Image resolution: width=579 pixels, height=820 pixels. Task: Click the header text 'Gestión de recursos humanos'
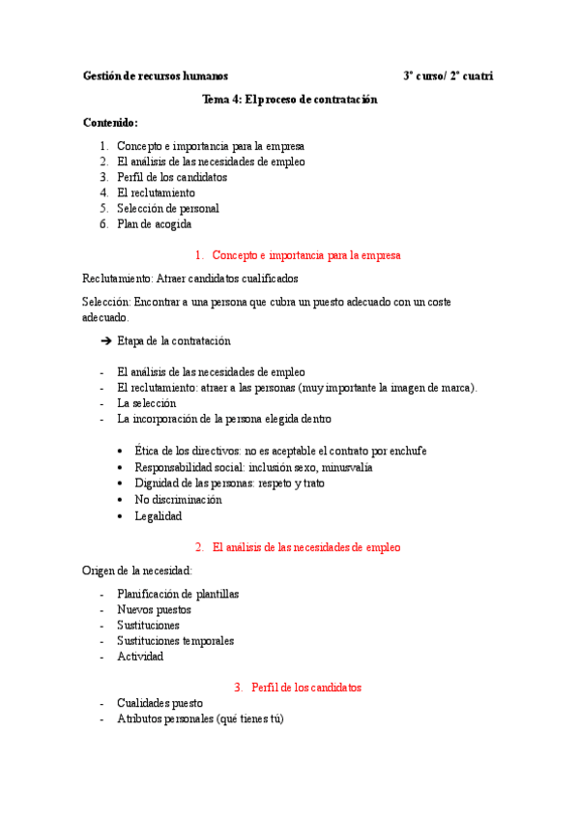coord(156,75)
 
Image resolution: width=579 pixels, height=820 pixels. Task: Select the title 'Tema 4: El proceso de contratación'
coord(289,100)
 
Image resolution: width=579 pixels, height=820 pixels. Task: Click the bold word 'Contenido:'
coord(111,123)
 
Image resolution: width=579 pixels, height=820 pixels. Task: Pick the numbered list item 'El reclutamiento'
coord(156,192)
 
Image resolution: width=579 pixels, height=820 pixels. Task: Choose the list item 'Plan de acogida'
coord(154,223)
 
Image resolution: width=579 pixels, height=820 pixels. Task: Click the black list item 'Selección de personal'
coord(167,208)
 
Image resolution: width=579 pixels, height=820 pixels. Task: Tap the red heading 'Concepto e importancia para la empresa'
coord(305,255)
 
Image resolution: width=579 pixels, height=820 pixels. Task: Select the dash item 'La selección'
coord(147,403)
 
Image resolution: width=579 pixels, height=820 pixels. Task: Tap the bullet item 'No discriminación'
coord(178,500)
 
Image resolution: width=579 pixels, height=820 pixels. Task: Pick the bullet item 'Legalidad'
coord(158,516)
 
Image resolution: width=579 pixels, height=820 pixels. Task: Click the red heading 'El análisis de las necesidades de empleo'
coord(305,547)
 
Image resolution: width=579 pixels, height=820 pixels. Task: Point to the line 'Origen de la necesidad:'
coord(137,571)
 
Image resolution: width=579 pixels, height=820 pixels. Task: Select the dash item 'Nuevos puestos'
coord(154,610)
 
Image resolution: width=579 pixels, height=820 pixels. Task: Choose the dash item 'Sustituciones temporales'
coord(175,640)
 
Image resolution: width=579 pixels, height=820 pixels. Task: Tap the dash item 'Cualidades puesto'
coord(159,703)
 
